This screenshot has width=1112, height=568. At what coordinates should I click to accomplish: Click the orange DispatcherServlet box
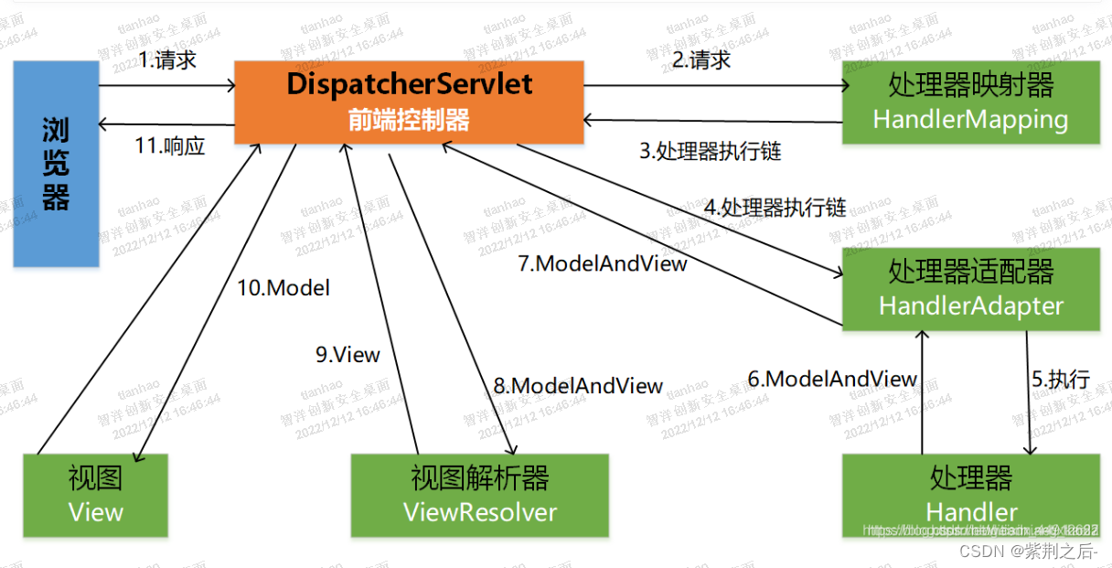click(409, 102)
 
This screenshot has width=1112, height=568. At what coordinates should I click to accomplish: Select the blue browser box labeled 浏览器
click(56, 164)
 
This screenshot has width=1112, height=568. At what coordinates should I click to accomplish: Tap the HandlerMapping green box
click(970, 102)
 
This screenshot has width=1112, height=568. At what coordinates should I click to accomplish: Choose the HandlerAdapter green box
click(970, 288)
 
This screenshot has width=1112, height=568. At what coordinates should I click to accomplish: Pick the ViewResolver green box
click(479, 495)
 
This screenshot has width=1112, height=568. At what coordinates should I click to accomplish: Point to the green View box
click(95, 495)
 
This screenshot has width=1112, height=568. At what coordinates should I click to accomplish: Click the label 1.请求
click(167, 60)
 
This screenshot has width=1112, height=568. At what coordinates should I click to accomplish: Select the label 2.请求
click(701, 60)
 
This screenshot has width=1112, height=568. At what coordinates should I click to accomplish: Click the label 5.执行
click(1061, 379)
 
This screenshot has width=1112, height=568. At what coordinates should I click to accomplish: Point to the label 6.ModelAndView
click(832, 379)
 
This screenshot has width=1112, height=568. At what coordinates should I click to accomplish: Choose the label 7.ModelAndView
click(603, 263)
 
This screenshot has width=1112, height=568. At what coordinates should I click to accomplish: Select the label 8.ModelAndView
click(578, 386)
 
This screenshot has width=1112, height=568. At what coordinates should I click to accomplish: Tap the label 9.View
click(347, 355)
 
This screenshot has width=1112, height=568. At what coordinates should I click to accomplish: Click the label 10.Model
click(283, 288)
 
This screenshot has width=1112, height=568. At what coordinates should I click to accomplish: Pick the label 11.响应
click(170, 145)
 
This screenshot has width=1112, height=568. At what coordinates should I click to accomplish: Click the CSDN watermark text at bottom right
click(1029, 551)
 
